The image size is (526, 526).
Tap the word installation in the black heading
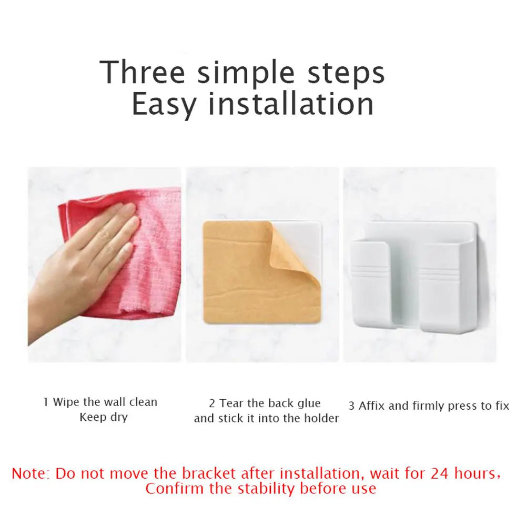click(291, 104)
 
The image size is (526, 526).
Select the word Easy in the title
click(164, 104)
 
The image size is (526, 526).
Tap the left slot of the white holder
click(370, 284)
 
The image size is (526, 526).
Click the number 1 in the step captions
click(46, 402)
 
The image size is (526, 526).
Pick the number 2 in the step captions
click(212, 403)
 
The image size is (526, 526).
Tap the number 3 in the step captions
click(351, 406)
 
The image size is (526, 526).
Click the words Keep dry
click(104, 418)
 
